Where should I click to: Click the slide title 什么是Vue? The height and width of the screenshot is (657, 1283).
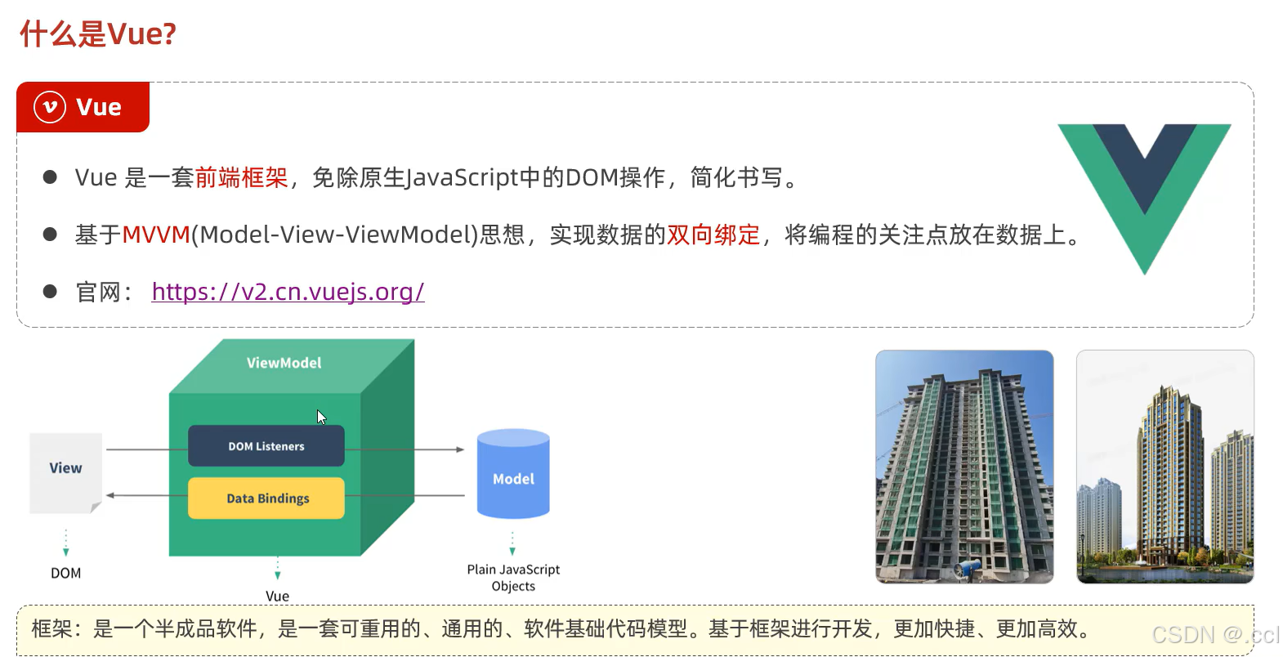(x=98, y=34)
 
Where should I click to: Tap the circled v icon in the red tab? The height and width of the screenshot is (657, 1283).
(x=50, y=107)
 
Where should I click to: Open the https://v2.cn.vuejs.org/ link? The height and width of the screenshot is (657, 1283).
(x=288, y=292)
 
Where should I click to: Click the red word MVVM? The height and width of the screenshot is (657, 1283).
(x=156, y=235)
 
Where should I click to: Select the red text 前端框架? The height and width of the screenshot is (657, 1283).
(x=241, y=177)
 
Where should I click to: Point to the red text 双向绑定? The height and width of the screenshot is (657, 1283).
(x=713, y=235)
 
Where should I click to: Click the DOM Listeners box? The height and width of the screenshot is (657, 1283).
(x=266, y=446)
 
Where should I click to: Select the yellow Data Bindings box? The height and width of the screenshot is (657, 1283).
(x=266, y=498)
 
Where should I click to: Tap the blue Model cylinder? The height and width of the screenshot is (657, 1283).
(x=513, y=476)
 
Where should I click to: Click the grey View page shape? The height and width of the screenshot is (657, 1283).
(x=65, y=472)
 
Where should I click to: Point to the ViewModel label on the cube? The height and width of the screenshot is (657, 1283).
(x=284, y=363)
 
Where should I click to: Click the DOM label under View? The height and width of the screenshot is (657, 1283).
(x=66, y=574)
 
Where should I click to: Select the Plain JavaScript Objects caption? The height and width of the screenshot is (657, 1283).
(x=513, y=578)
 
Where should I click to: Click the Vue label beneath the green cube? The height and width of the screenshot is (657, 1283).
(x=278, y=596)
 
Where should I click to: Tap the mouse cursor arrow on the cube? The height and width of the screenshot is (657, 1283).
(x=320, y=417)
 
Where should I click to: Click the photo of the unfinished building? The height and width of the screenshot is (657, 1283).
(x=964, y=467)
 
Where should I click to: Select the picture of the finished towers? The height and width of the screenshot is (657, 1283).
(x=1165, y=467)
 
